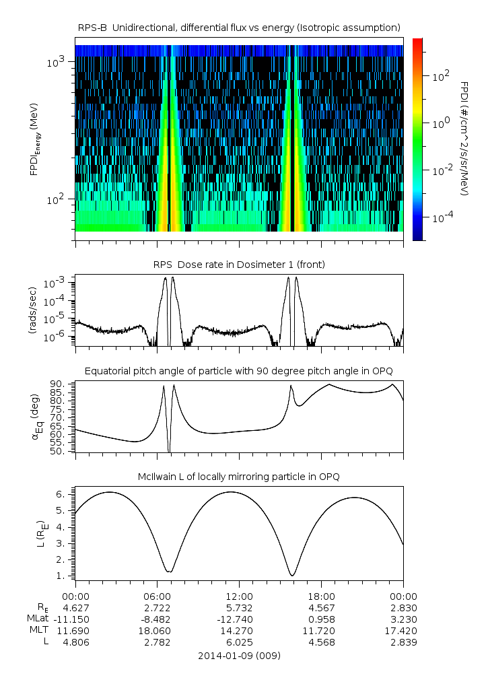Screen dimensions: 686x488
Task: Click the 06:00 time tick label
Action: [157, 596]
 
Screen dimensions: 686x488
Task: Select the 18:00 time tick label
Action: [321, 596]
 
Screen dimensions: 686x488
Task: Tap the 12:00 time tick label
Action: [239, 596]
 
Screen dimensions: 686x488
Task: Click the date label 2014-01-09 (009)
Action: [239, 655]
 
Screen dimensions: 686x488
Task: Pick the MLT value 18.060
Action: [157, 630]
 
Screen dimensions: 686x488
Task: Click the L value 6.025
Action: [239, 642]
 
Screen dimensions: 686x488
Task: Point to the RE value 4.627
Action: [75, 607]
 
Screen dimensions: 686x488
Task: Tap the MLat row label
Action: [38, 619]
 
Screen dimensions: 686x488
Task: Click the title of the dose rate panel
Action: [239, 265]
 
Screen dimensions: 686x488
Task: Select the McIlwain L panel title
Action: [239, 477]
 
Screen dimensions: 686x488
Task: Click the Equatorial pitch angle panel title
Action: [239, 371]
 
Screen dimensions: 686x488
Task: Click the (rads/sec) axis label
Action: [32, 310]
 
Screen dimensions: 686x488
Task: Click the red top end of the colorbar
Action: [417, 42]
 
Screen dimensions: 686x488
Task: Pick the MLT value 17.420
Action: [403, 630]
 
